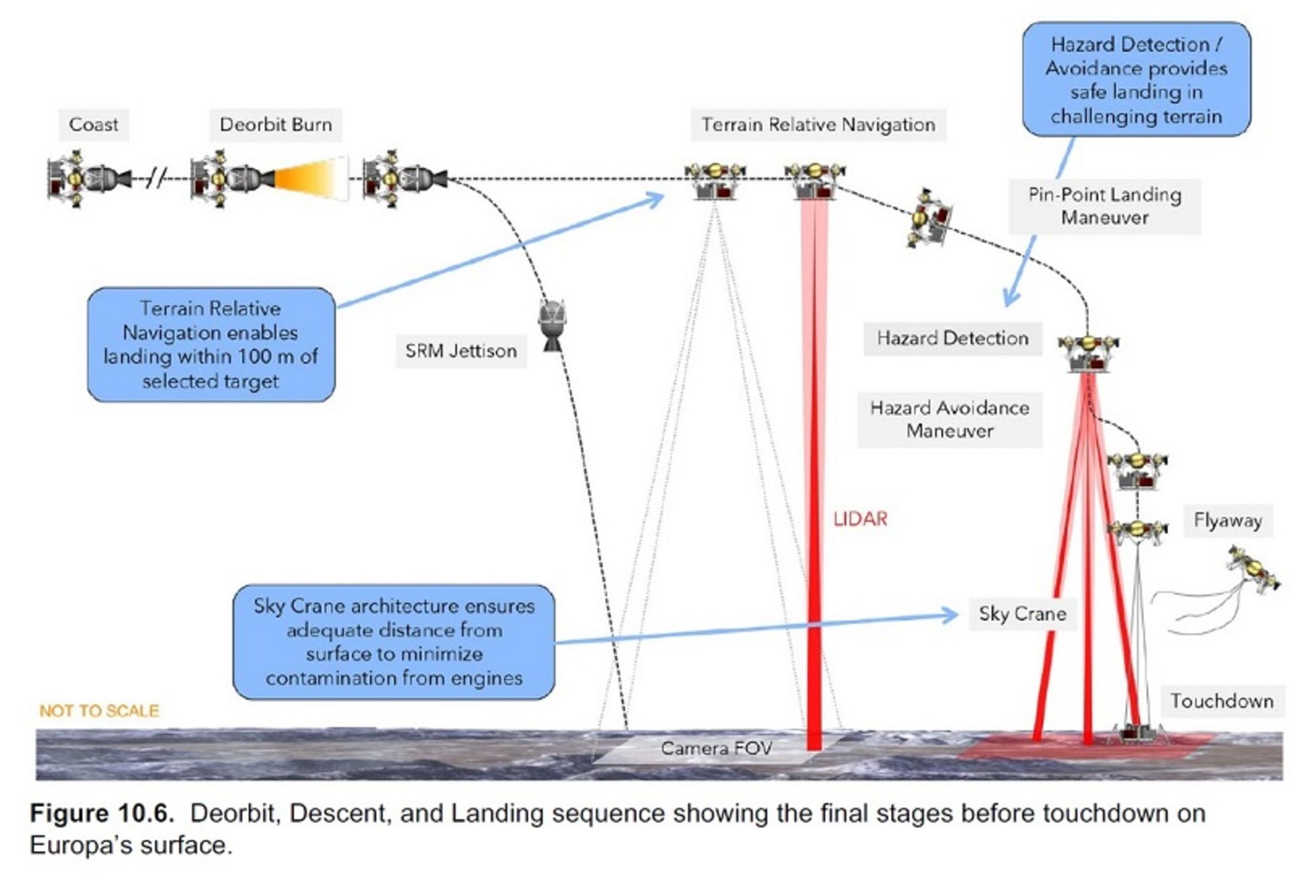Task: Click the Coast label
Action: point(94,125)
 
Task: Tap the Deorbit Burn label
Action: point(275,125)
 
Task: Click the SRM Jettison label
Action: point(461,351)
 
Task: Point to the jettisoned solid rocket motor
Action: point(552,324)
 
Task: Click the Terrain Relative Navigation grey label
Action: point(818,125)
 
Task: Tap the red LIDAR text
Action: point(860,519)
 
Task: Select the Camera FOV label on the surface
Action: point(716,748)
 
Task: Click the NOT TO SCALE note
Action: point(99,711)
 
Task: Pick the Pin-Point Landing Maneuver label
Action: point(1104,206)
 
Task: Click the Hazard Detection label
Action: point(952,338)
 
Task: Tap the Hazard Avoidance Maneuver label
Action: point(949,419)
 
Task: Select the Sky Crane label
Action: point(1022,614)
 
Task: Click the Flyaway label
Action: point(1227,520)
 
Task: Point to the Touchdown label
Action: point(1221,701)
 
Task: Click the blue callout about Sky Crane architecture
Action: point(394,641)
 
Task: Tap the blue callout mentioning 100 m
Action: point(211,345)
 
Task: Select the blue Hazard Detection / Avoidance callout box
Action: point(1136,79)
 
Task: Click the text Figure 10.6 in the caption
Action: point(102,813)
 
